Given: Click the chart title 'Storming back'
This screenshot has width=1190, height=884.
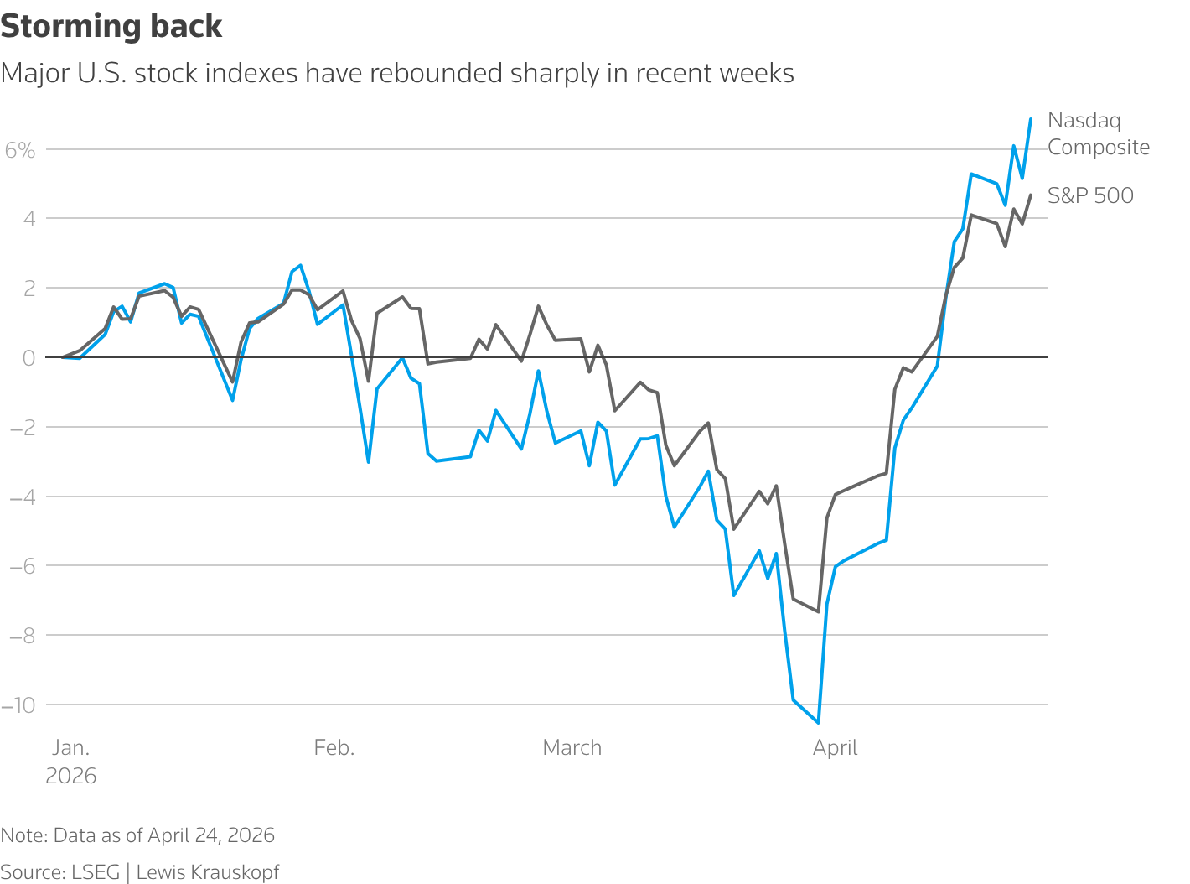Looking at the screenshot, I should (111, 27).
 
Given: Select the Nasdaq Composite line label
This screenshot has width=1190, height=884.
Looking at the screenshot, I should (1098, 134).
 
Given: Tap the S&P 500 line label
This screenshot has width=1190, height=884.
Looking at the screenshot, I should (1090, 195).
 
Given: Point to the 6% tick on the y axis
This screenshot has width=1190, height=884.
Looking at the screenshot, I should (20, 150).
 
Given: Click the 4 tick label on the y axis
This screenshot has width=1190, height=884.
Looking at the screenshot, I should (29, 219).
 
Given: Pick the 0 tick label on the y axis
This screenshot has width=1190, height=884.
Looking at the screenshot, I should (29, 358).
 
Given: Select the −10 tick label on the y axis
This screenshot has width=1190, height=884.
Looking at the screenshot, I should (18, 705).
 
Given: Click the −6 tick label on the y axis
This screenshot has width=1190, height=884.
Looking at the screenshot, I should (23, 566).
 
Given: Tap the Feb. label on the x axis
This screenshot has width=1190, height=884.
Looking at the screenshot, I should (334, 748).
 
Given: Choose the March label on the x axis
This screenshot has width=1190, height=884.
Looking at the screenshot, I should (572, 748).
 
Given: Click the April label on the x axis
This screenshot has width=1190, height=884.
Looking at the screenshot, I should (836, 748).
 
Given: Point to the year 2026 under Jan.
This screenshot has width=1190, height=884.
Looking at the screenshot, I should (71, 777).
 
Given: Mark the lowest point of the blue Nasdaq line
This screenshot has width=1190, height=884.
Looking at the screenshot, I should (819, 722).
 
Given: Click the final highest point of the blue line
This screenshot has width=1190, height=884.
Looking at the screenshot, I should (1030, 119).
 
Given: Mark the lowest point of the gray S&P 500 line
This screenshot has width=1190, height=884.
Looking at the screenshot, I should (819, 611).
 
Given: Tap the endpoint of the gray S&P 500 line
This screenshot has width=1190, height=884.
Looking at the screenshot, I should (1030, 195).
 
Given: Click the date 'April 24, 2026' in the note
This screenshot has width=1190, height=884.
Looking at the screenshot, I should (211, 835).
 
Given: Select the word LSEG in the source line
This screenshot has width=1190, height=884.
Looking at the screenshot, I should (96, 872).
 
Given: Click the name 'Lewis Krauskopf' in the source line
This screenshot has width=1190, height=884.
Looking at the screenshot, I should (208, 872).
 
